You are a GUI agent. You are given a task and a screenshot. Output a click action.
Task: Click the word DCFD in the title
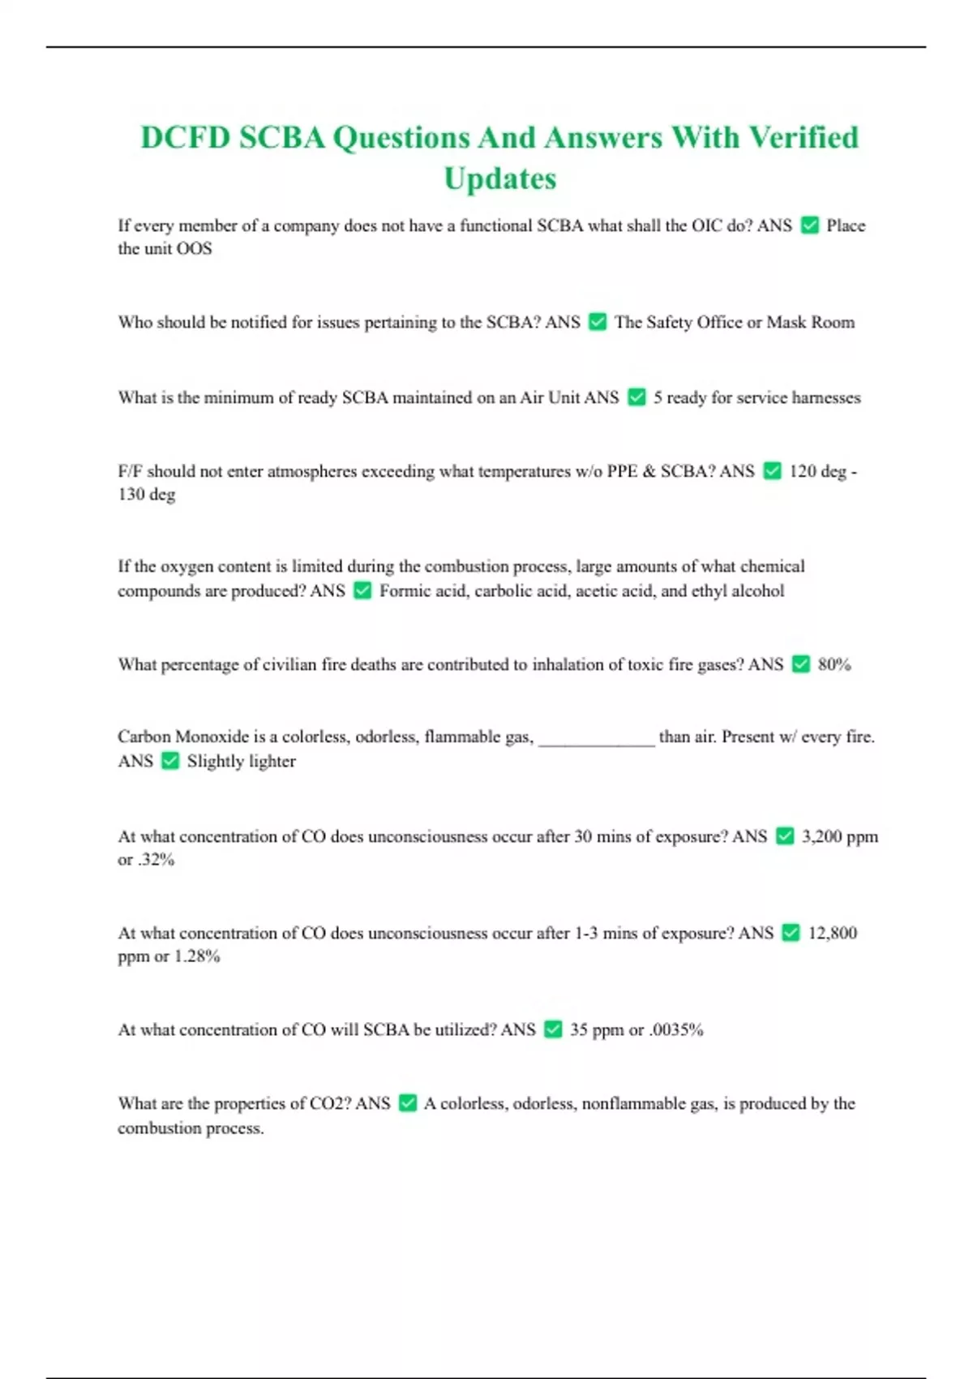pyautogui.click(x=185, y=138)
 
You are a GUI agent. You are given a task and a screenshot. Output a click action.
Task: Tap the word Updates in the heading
pyautogui.click(x=500, y=178)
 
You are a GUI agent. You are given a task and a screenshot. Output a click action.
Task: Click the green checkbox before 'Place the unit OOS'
pyautogui.click(x=809, y=226)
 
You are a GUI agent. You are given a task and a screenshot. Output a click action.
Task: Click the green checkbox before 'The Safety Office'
pyautogui.click(x=598, y=322)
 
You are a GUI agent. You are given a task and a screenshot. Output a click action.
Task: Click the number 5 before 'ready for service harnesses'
pyautogui.click(x=658, y=397)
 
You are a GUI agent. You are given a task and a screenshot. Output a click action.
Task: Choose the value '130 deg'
pyautogui.click(x=146, y=494)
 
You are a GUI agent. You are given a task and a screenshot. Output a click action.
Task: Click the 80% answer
pyautogui.click(x=834, y=664)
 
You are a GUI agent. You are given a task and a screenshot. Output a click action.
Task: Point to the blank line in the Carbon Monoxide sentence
pyautogui.click(x=596, y=737)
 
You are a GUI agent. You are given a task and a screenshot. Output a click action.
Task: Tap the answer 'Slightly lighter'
pyautogui.click(x=241, y=761)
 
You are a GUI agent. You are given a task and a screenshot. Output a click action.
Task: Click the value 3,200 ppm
pyautogui.click(x=839, y=836)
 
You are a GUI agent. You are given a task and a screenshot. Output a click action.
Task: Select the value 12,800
pyautogui.click(x=832, y=933)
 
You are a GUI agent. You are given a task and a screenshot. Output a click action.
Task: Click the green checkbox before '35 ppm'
pyautogui.click(x=553, y=1029)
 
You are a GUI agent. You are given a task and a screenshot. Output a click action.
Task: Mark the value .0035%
pyautogui.click(x=676, y=1029)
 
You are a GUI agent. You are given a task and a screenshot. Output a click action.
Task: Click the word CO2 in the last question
pyautogui.click(x=329, y=1103)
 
